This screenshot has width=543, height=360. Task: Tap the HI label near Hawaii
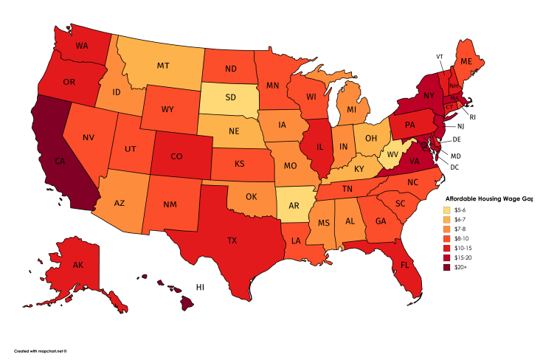click(x=199, y=286)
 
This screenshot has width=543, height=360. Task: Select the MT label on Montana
click(x=163, y=66)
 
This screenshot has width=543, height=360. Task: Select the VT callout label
click(x=440, y=57)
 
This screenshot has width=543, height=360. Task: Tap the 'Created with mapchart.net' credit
click(x=45, y=351)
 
